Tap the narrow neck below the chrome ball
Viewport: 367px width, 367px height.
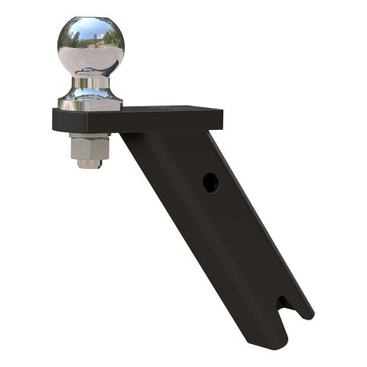point(90,82)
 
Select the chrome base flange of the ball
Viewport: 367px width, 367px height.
point(90,98)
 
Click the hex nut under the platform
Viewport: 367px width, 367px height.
point(90,146)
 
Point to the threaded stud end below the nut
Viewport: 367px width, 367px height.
point(90,163)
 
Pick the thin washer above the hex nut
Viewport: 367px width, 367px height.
point(90,135)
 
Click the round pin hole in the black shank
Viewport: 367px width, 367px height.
point(210,182)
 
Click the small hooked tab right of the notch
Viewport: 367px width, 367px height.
point(305,312)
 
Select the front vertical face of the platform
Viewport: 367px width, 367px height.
point(138,122)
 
